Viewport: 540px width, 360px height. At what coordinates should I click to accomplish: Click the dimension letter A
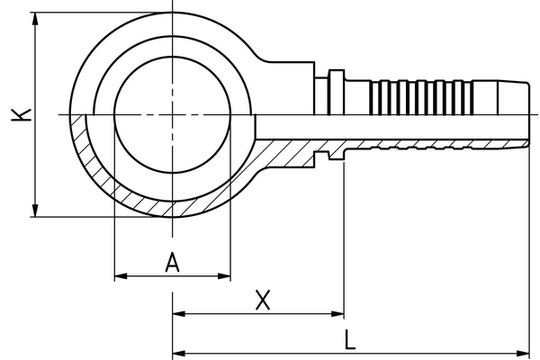(174, 262)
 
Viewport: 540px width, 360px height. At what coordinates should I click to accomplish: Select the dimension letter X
(262, 300)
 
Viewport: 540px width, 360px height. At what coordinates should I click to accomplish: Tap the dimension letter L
(350, 339)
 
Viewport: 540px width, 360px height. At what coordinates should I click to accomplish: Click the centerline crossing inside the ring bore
(172, 114)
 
